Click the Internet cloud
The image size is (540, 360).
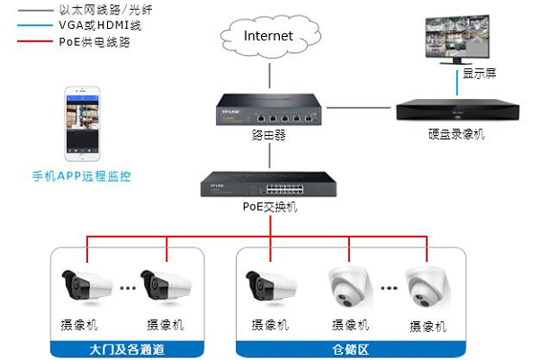[x=268, y=38]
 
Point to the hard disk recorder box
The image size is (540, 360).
[x=455, y=112]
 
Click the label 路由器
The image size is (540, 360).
[x=268, y=136]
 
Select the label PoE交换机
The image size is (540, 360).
[x=269, y=208]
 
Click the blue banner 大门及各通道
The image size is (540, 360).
[x=130, y=347]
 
